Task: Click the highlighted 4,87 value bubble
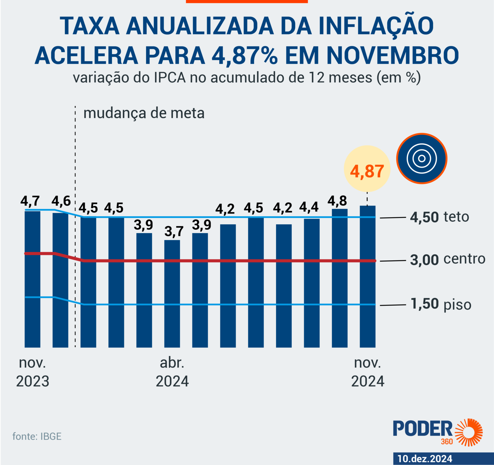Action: (x=367, y=171)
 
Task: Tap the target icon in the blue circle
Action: (x=422, y=158)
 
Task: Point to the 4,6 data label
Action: (x=61, y=201)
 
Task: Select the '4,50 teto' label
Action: (x=439, y=217)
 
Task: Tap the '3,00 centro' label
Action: (x=447, y=259)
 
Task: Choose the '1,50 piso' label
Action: (x=441, y=304)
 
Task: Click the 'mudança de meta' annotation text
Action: (x=144, y=113)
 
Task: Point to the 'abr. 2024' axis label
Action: (x=172, y=372)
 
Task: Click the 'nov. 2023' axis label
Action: (x=32, y=372)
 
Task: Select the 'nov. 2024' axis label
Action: (x=368, y=372)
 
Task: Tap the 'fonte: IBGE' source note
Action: (x=37, y=436)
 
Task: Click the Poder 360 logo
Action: (x=437, y=432)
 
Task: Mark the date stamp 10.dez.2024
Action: (x=425, y=459)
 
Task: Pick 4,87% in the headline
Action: (x=244, y=55)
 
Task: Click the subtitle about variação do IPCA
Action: (x=247, y=78)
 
